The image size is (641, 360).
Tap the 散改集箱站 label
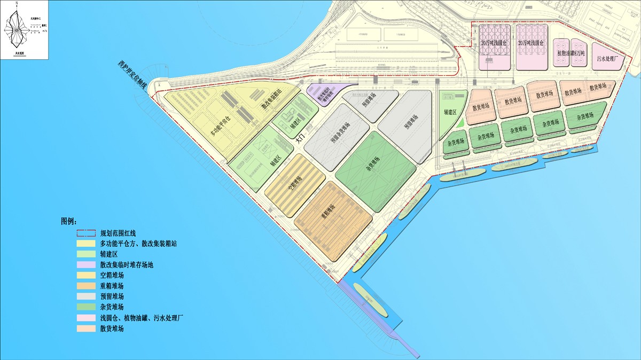click(269, 100)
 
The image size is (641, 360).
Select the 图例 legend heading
click(69, 221)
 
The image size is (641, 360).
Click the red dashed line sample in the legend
click(87, 233)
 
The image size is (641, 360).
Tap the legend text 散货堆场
click(112, 329)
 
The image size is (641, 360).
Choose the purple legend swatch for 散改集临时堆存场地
click(87, 264)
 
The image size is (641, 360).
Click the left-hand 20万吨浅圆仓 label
click(494, 42)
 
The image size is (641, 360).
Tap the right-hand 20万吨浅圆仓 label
click(530, 42)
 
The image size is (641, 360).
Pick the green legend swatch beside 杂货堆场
click(87, 307)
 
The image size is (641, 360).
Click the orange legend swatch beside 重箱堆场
click(87, 286)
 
